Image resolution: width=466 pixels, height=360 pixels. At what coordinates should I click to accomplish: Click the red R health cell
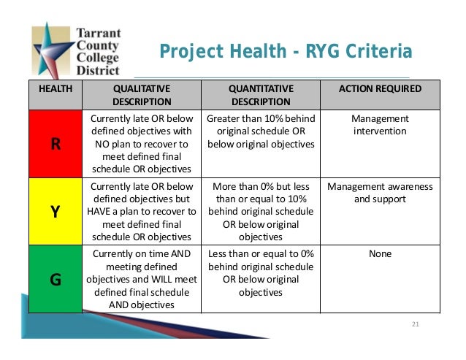(x=55, y=143)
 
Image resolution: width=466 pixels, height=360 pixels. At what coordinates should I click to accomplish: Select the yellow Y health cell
(x=55, y=211)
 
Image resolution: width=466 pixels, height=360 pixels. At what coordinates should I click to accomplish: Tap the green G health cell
(x=55, y=278)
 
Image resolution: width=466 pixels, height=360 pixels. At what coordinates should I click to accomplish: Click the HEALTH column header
(x=55, y=88)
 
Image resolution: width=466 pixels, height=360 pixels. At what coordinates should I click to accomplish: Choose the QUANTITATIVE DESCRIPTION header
(x=261, y=95)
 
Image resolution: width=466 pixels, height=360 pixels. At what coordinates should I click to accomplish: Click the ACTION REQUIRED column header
(x=381, y=88)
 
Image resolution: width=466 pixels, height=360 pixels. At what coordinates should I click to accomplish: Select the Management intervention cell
(x=381, y=124)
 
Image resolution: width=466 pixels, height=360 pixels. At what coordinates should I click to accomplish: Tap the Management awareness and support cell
(x=381, y=192)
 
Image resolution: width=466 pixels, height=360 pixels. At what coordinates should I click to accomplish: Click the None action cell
(x=381, y=254)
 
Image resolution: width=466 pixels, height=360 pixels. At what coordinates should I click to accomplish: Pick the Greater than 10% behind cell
(x=261, y=131)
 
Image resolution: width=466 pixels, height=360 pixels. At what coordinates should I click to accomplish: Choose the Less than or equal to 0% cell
(x=261, y=272)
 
